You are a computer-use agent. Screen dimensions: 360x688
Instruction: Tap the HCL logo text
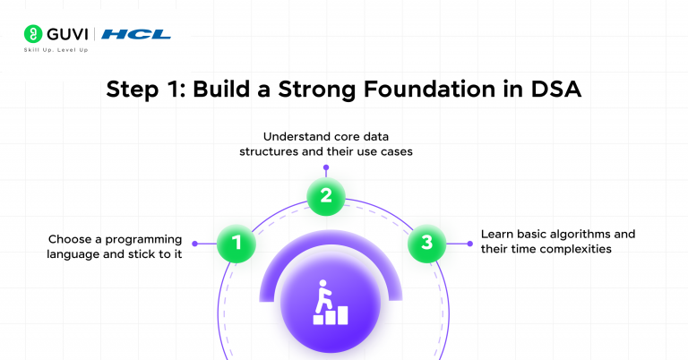click(x=136, y=35)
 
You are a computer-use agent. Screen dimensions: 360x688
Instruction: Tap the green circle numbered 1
click(x=236, y=243)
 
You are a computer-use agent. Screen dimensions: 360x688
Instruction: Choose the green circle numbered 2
click(x=326, y=196)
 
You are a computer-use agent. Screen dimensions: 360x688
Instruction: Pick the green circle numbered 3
click(x=426, y=243)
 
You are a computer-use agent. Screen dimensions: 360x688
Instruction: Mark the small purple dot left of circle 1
click(x=194, y=243)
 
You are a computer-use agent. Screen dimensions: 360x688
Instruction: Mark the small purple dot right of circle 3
click(x=469, y=243)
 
